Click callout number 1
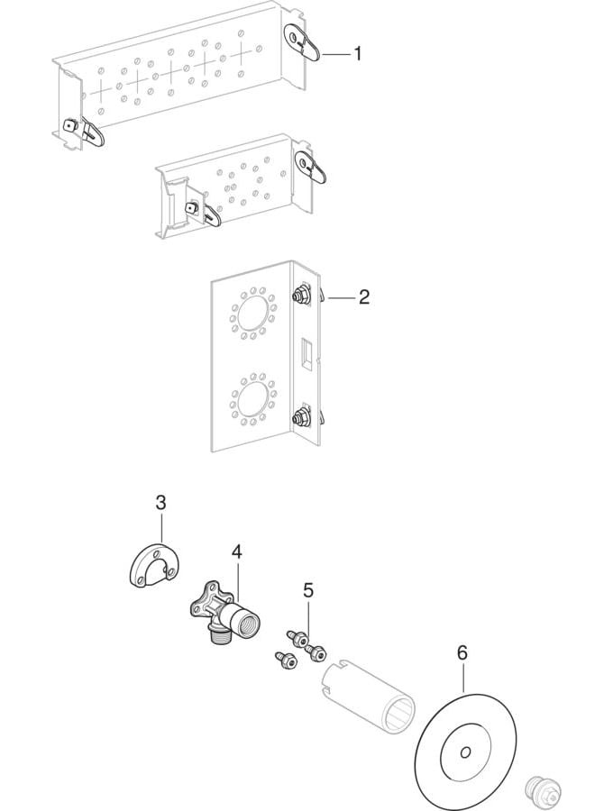click(357, 54)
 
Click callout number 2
click(363, 296)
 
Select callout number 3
click(160, 503)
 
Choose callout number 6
click(462, 652)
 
